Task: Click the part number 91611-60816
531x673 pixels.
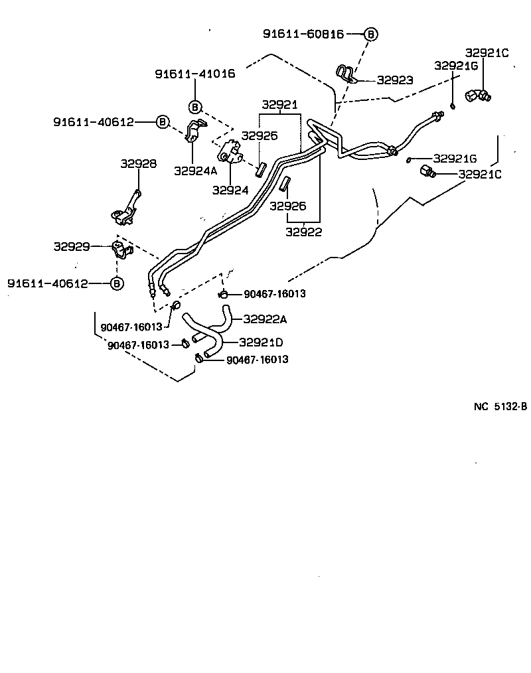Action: (303, 33)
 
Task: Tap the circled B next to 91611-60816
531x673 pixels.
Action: (371, 33)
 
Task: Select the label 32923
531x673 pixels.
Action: (395, 80)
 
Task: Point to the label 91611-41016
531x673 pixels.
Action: (195, 74)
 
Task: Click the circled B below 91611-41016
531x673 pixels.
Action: (195, 106)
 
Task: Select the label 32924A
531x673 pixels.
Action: (196, 170)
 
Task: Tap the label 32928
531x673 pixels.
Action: (138, 163)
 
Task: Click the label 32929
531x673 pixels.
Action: (72, 246)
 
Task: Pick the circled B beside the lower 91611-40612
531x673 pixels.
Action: (117, 283)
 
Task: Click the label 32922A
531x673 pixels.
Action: (265, 319)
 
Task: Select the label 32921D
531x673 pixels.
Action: (261, 342)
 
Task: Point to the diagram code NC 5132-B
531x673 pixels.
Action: (500, 407)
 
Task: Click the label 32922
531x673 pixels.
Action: (304, 232)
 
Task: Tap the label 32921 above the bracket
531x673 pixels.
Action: (279, 105)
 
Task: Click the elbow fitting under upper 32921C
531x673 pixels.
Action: (477, 96)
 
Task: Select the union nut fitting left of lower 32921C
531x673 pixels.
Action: (427, 173)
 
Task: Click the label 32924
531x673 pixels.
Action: (230, 190)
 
